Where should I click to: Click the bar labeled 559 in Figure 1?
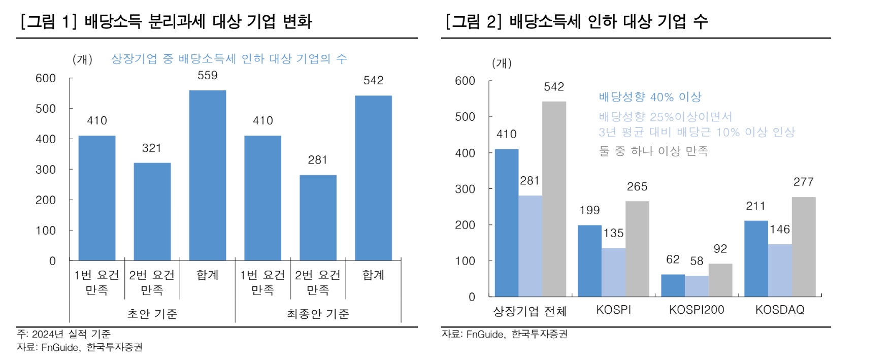[x=207, y=175]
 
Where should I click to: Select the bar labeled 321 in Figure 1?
[x=152, y=211]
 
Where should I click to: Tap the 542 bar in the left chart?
[x=373, y=178]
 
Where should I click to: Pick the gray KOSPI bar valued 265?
[x=637, y=249]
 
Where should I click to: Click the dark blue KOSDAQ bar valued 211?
[x=756, y=258]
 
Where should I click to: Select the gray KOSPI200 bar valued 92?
[x=720, y=280]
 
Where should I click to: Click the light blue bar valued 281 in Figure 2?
[x=530, y=246]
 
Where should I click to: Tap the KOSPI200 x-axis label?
[x=697, y=310]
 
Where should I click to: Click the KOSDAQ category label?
[x=780, y=310]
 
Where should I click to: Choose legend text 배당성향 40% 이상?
[x=650, y=96]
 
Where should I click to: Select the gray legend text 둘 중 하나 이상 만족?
[x=653, y=151]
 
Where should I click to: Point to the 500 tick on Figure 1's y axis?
[x=46, y=109]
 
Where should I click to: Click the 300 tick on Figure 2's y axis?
[x=465, y=189]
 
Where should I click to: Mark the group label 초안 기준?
[x=152, y=314]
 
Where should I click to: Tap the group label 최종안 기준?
[x=318, y=314]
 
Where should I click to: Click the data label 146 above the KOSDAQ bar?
[x=780, y=230]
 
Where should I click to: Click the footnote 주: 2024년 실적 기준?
[x=64, y=334]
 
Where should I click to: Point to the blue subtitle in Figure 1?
[x=229, y=59]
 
